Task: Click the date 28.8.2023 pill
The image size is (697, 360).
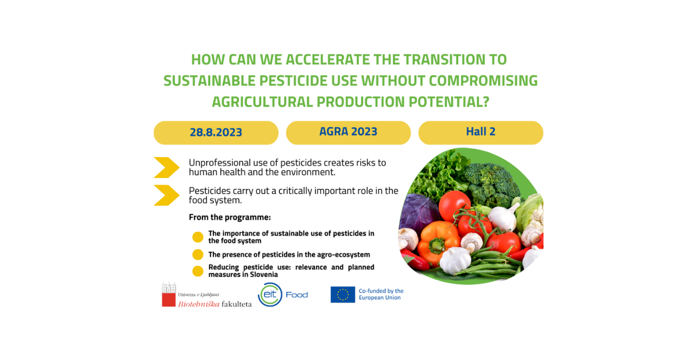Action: [216, 133]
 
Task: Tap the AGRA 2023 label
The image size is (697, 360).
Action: [348, 132]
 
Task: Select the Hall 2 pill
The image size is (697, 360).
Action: [481, 133]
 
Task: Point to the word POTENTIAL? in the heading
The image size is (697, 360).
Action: [449, 102]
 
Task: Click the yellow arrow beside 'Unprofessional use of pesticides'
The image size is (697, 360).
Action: [167, 168]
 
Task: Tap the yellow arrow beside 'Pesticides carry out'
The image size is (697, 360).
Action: [167, 195]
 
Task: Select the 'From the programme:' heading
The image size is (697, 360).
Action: [229, 217]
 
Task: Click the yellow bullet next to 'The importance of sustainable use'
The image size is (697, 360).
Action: [197, 237]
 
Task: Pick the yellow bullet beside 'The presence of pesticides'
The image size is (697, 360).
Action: [197, 254]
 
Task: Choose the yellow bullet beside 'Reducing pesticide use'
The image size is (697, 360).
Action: [197, 271]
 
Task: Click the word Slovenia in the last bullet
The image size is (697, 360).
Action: [262, 274]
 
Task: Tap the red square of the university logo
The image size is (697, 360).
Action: [169, 300]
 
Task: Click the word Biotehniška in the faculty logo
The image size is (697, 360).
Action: [198, 304]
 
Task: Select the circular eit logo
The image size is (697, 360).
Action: [270, 294]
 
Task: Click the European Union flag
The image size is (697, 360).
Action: [343, 294]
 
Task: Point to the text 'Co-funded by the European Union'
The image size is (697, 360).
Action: [381, 294]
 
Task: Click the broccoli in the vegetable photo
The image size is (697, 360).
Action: [492, 184]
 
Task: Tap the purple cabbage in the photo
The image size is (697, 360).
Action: [419, 212]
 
